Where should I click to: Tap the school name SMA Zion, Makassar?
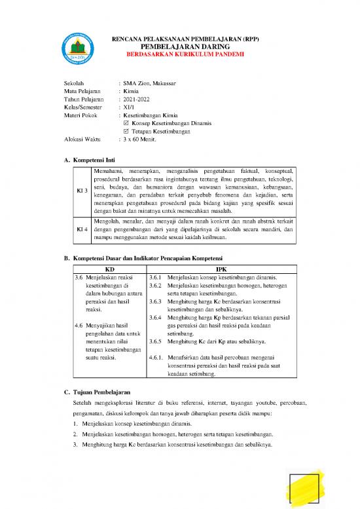coord(151,85)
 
